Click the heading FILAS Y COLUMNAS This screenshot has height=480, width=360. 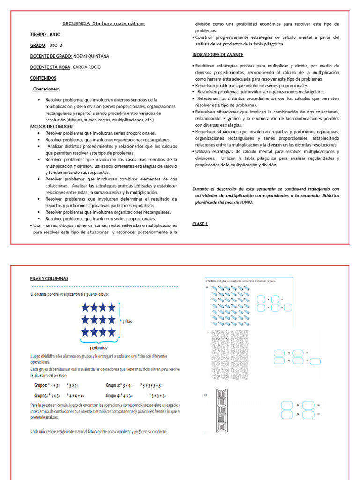49,278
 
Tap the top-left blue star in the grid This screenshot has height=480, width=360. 86,307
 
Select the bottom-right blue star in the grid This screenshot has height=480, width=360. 111,332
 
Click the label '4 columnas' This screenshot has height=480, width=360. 98,348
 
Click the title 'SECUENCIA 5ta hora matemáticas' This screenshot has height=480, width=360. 104,23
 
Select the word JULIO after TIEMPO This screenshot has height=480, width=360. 55,34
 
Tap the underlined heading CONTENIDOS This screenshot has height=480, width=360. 43,78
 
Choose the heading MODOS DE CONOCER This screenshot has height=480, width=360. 52,127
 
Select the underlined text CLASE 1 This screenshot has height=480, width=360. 200,224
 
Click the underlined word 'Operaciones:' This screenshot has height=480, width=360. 46,89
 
